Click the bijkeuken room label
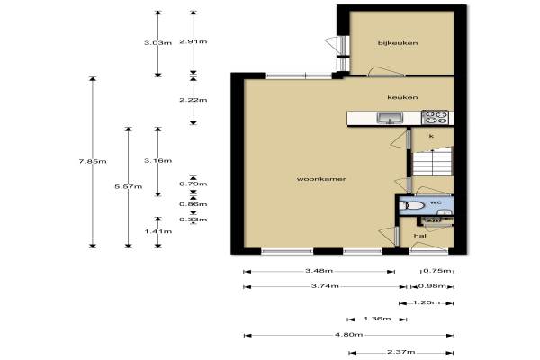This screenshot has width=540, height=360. pyautogui.click(x=398, y=43)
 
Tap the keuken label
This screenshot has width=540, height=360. pyautogui.click(x=402, y=97)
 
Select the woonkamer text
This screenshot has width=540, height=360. pyautogui.click(x=321, y=179)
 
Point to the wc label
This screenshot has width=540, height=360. pyautogui.click(x=436, y=202)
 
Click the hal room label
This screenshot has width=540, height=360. pyautogui.click(x=420, y=236)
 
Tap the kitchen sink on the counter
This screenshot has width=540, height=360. pyautogui.click(x=390, y=118)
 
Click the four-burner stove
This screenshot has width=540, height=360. pyautogui.click(x=436, y=117)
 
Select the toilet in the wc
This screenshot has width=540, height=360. pyautogui.click(x=412, y=206)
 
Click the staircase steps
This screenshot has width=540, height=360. pyautogui.click(x=433, y=162)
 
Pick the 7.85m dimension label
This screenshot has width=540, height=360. pyautogui.click(x=93, y=161)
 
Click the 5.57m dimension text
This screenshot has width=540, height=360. pyautogui.click(x=128, y=186)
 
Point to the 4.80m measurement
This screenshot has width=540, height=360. pyautogui.click(x=349, y=334)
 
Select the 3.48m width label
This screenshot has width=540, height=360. pyautogui.click(x=319, y=271)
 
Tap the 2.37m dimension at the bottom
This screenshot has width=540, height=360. pyautogui.click(x=401, y=352)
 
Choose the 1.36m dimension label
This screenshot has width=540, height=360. pyautogui.click(x=377, y=319)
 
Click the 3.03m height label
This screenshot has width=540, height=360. pyautogui.click(x=157, y=43)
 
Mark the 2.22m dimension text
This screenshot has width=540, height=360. pyautogui.click(x=193, y=100)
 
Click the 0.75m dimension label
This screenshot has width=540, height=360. pyautogui.click(x=437, y=271)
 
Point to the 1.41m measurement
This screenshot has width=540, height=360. pyautogui.click(x=158, y=231)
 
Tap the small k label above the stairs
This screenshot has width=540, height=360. pyautogui.click(x=431, y=136)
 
